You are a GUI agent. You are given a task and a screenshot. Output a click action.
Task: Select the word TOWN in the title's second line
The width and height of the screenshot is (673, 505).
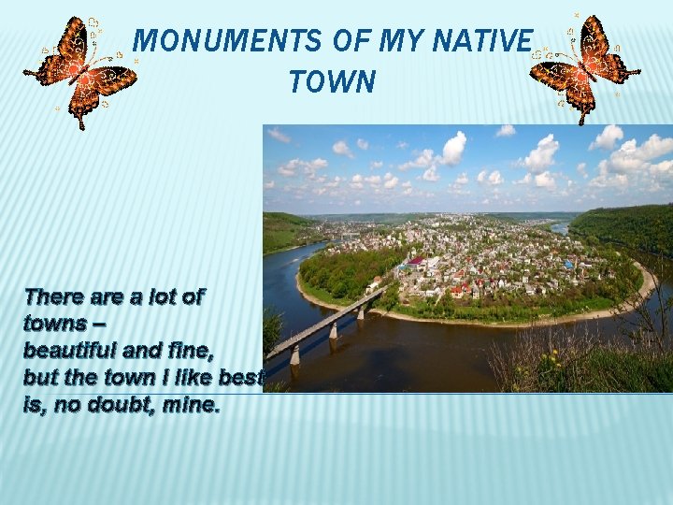(x=332, y=82)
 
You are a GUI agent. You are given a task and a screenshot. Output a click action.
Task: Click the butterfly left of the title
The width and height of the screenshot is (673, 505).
(x=79, y=71)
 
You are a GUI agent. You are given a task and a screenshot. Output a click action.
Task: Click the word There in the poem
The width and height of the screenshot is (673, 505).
(x=54, y=297)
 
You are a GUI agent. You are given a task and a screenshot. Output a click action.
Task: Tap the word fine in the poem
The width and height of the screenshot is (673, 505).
(x=191, y=352)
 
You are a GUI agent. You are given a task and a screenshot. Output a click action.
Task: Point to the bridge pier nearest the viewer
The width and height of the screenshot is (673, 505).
(x=294, y=353)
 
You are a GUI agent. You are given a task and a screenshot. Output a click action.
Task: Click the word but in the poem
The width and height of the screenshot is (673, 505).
(x=39, y=379)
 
